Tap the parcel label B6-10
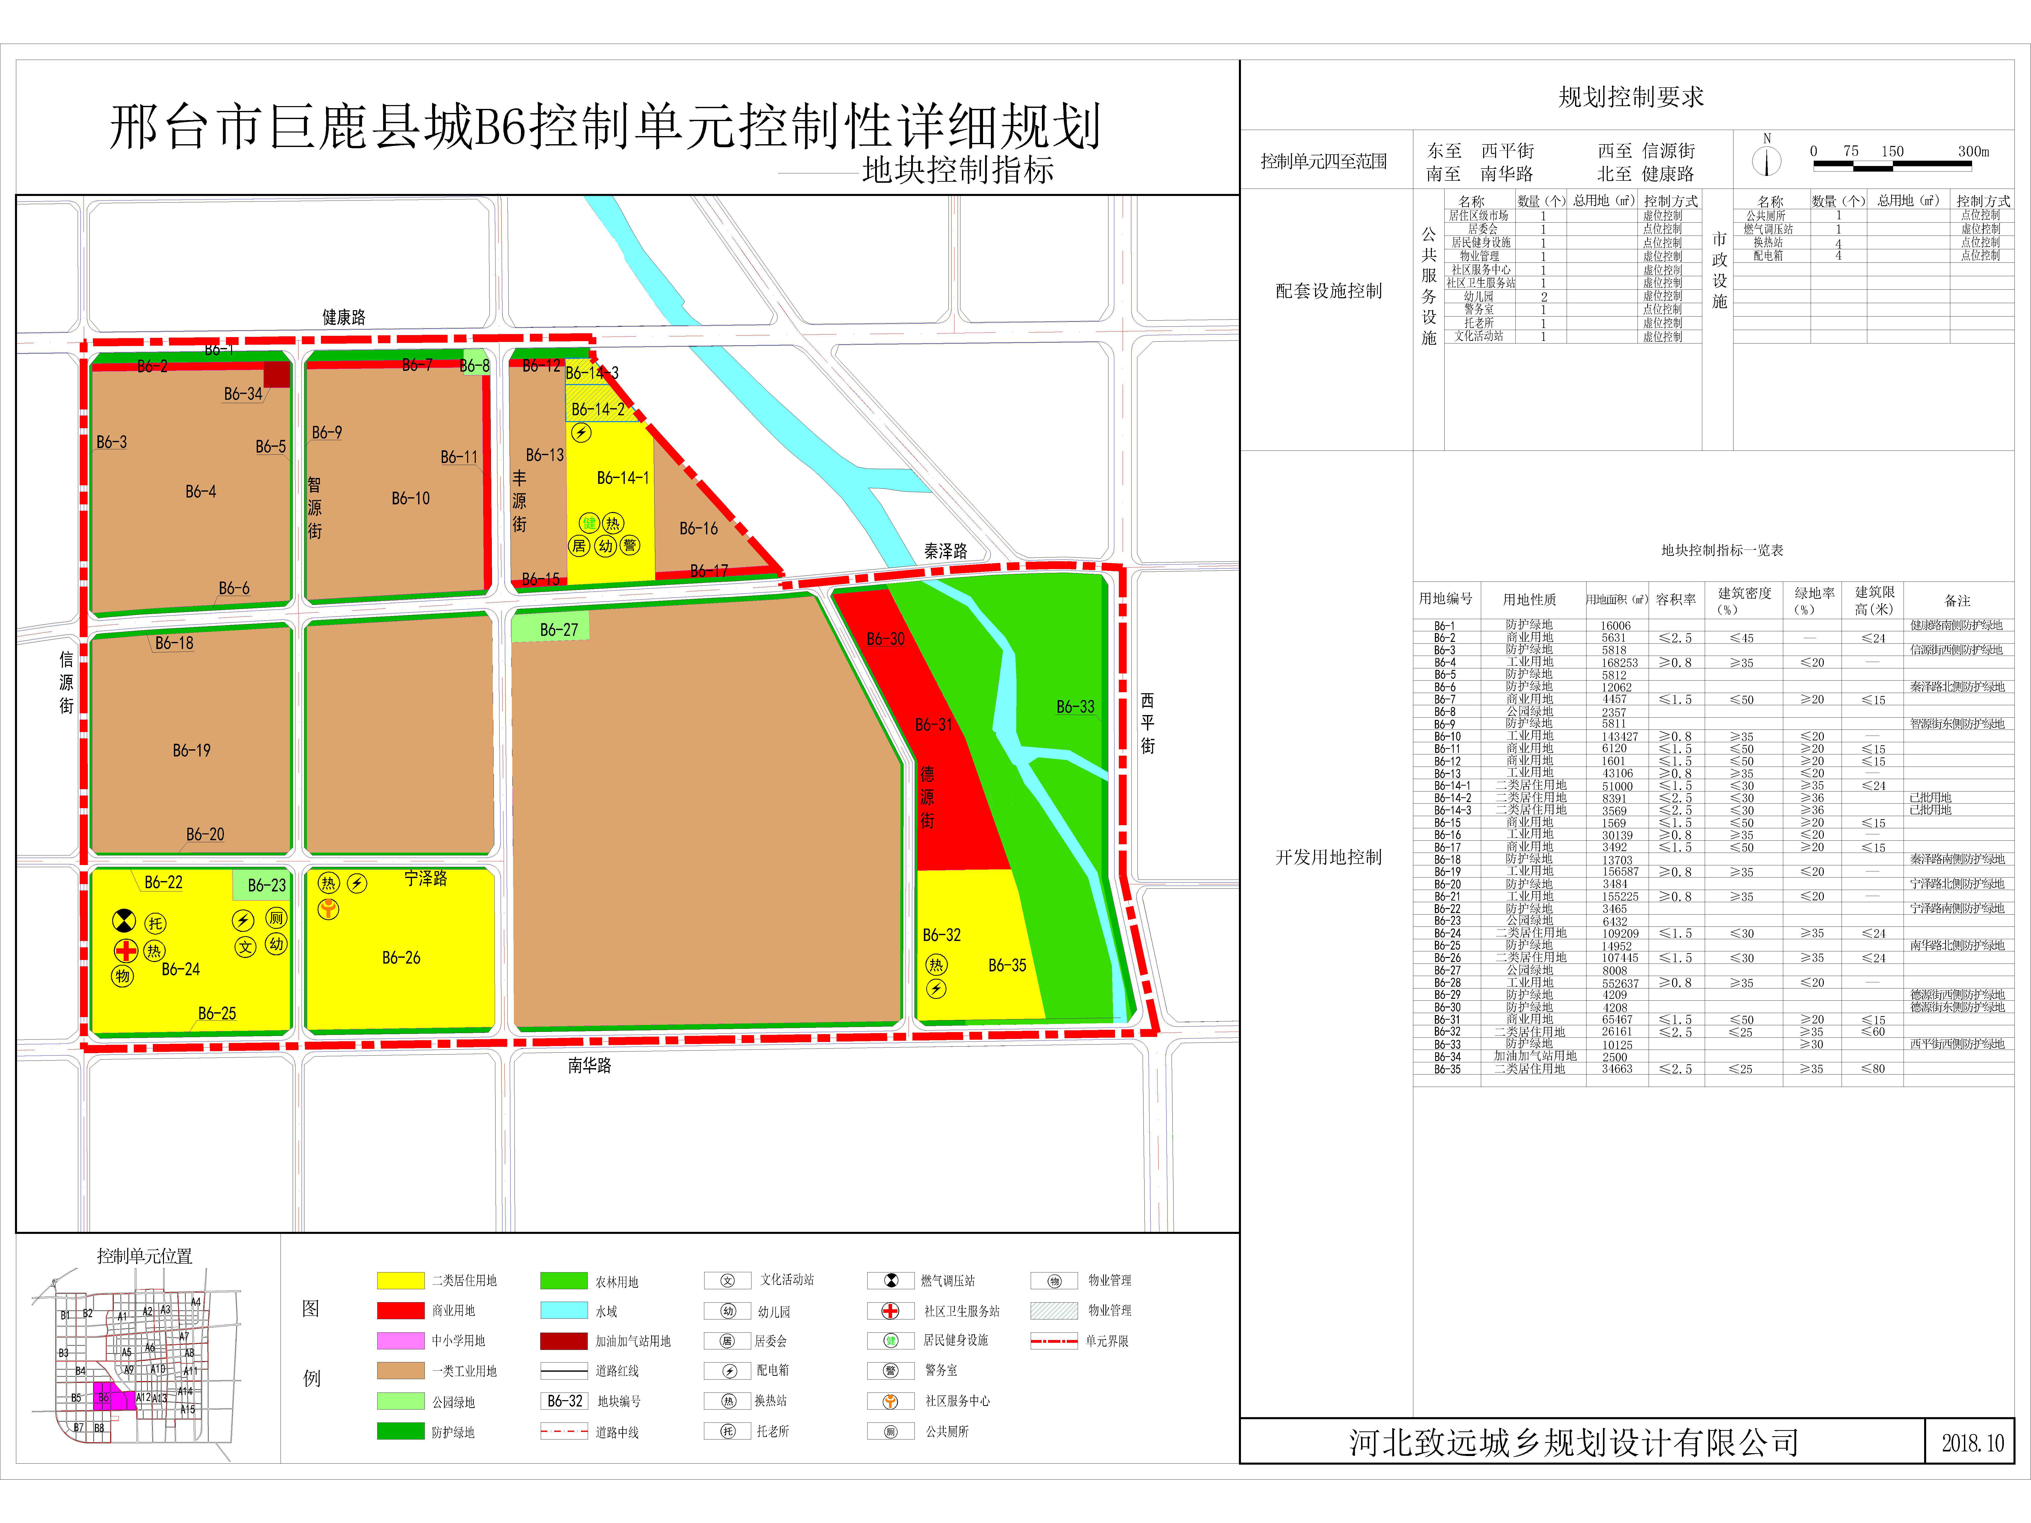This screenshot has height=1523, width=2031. tap(411, 499)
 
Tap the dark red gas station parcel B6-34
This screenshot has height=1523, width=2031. tap(276, 375)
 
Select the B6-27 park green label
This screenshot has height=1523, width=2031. tap(558, 630)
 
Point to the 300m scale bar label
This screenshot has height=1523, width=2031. tap(1973, 152)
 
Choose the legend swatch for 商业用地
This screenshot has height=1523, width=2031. tap(400, 1310)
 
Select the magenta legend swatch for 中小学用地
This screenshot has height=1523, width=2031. tap(400, 1340)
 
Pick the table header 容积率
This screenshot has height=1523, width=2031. tap(1676, 600)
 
